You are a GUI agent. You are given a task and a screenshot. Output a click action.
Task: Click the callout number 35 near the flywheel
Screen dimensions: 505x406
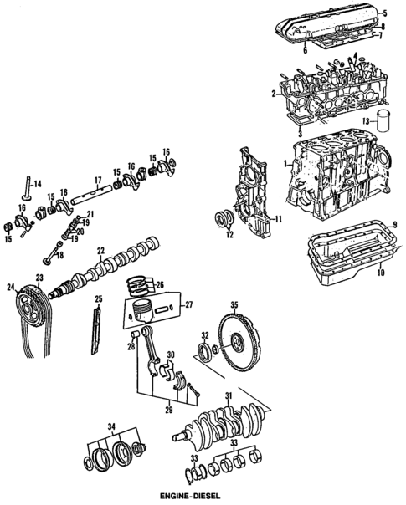coord(235,305)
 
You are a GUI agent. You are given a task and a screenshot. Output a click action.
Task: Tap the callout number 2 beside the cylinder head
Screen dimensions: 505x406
coord(273,95)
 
